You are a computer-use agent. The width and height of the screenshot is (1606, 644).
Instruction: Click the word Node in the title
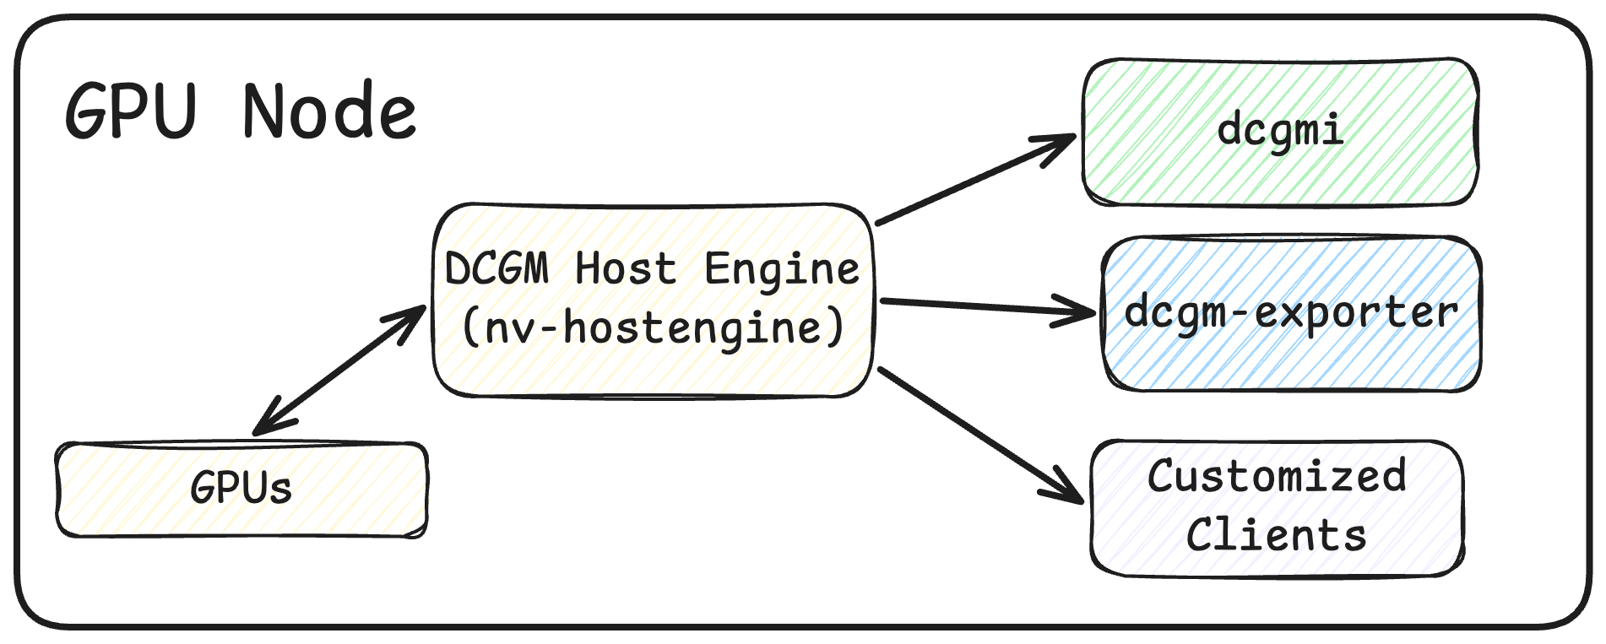coord(329,111)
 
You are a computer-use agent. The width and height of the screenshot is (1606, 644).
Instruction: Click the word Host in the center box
coord(626,269)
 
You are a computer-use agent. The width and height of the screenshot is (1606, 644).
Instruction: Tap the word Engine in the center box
coord(781,269)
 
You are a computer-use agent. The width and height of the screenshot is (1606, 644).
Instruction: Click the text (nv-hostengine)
coord(653,327)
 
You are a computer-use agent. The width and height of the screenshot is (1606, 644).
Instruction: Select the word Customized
coord(1276,476)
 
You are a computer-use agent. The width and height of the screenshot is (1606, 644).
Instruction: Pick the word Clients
coord(1276,535)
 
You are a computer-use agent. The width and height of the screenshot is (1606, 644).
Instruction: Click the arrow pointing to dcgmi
coord(971,181)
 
